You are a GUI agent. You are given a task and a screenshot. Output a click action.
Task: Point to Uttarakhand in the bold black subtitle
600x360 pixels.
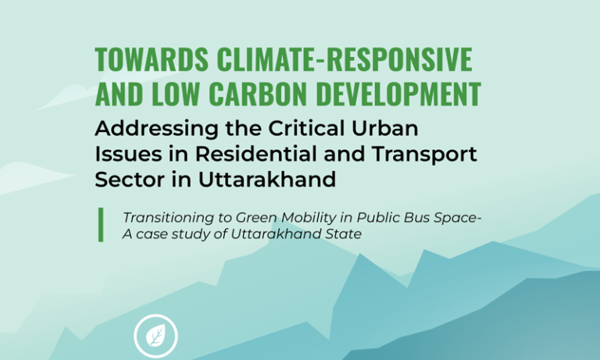[x=252, y=180]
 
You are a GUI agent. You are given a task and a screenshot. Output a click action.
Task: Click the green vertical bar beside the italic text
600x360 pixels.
[x=100, y=225]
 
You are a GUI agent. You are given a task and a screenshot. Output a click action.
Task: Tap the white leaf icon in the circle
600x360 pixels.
[x=156, y=337]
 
